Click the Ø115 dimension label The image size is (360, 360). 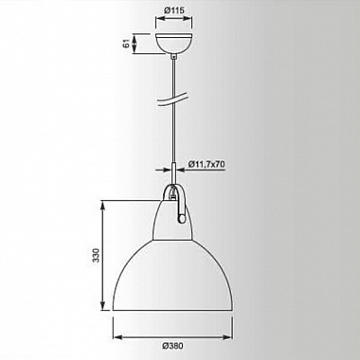coord(173,10)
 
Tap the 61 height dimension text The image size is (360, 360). coord(127,44)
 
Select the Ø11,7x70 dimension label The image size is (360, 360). coord(207,164)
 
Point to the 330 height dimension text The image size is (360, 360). coord(96,256)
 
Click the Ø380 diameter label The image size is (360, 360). coord(172,346)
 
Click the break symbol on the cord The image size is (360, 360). coord(172,99)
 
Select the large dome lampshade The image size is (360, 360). coord(172,275)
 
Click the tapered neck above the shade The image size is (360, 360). coord(173,221)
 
